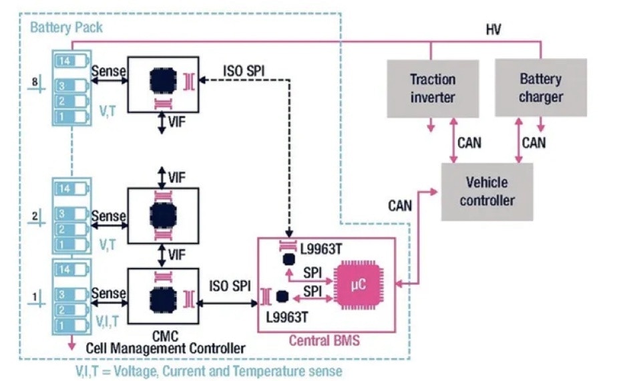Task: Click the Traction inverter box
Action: click(x=433, y=88)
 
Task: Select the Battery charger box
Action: click(x=540, y=88)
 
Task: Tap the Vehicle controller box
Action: click(x=487, y=191)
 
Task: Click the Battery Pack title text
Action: click(x=65, y=29)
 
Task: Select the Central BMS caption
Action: click(x=324, y=341)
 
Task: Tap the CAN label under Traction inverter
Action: click(x=469, y=142)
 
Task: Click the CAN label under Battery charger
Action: click(x=534, y=142)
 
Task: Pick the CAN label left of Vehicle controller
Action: click(x=401, y=205)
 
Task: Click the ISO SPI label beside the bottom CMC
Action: click(x=230, y=287)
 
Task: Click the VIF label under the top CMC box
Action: click(x=177, y=122)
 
